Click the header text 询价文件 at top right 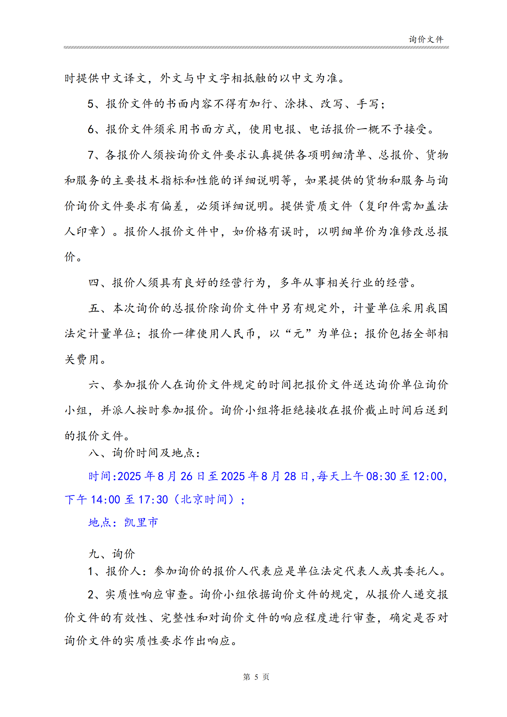click(426, 39)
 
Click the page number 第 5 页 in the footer click(256, 677)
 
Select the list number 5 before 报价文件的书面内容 click(90, 104)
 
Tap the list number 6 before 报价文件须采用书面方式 click(90, 129)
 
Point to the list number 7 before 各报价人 click(90, 155)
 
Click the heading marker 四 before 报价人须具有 click(94, 283)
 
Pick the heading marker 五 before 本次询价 click(94, 309)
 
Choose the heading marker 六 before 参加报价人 click(94, 385)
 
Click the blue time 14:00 click(105, 500)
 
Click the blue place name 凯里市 click(141, 522)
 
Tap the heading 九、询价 click(112, 554)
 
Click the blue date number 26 click(186, 477)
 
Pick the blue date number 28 click(290, 477)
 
